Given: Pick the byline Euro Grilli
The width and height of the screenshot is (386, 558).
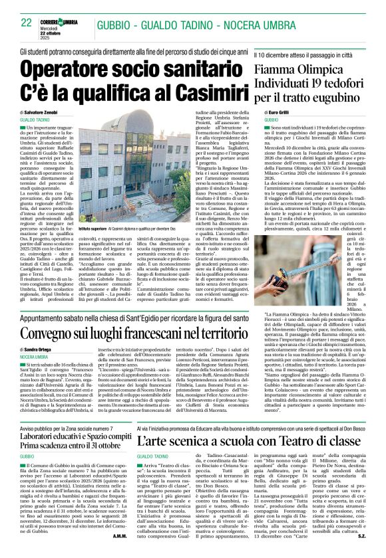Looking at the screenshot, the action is click(276, 114).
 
